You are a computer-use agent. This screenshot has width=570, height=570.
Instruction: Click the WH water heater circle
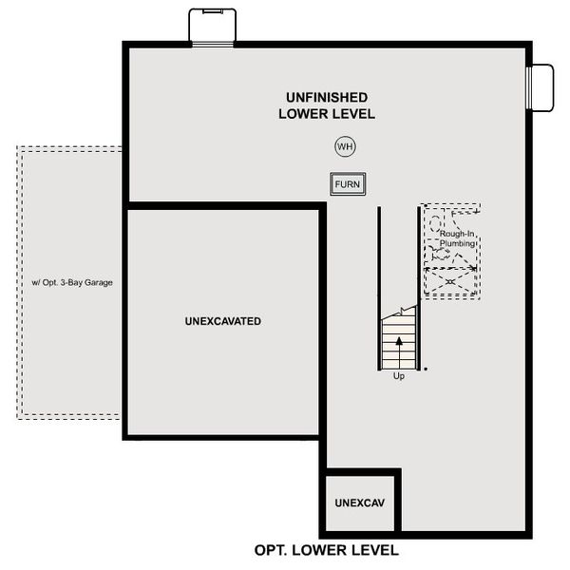pyautogui.click(x=345, y=146)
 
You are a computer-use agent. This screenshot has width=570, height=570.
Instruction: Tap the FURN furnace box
pyautogui.click(x=348, y=184)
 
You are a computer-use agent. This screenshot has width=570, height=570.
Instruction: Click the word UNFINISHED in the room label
pyautogui.click(x=327, y=97)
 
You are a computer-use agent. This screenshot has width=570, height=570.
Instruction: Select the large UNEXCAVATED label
pyautogui.click(x=223, y=321)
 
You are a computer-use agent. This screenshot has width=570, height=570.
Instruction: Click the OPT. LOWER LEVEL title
pyautogui.click(x=327, y=550)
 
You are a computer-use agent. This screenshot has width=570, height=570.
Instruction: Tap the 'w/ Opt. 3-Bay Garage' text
pyautogui.click(x=72, y=282)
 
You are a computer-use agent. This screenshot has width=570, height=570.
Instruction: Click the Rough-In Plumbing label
pyautogui.click(x=458, y=239)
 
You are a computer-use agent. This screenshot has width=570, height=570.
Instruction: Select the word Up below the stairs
pyautogui.click(x=399, y=376)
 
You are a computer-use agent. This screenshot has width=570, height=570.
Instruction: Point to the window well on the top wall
pyautogui.click(x=213, y=26)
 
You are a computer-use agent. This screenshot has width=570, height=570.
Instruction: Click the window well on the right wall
pyautogui.click(x=541, y=87)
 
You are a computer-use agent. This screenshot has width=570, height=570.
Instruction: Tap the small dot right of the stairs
pyautogui.click(x=426, y=368)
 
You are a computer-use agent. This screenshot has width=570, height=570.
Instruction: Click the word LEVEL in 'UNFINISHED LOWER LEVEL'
pyautogui.click(x=352, y=114)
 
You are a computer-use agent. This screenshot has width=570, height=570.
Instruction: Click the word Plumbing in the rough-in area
pyautogui.click(x=458, y=245)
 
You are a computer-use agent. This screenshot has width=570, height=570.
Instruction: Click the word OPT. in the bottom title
pyautogui.click(x=272, y=550)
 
